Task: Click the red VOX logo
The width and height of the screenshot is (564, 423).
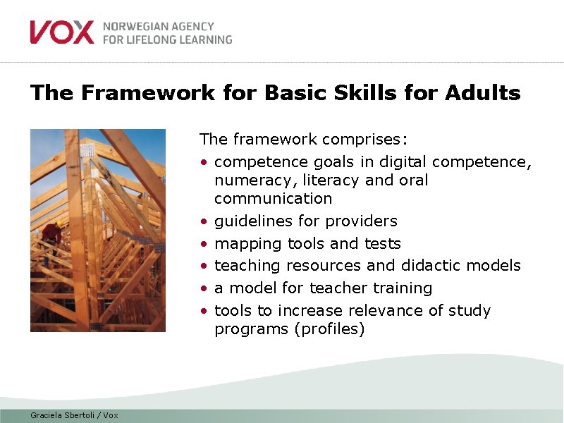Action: [x=61, y=32]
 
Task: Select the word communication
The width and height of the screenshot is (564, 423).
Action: [x=273, y=199]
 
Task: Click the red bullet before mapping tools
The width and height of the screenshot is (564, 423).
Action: [x=203, y=244]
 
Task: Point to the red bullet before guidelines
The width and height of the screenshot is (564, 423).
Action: [x=203, y=221]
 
